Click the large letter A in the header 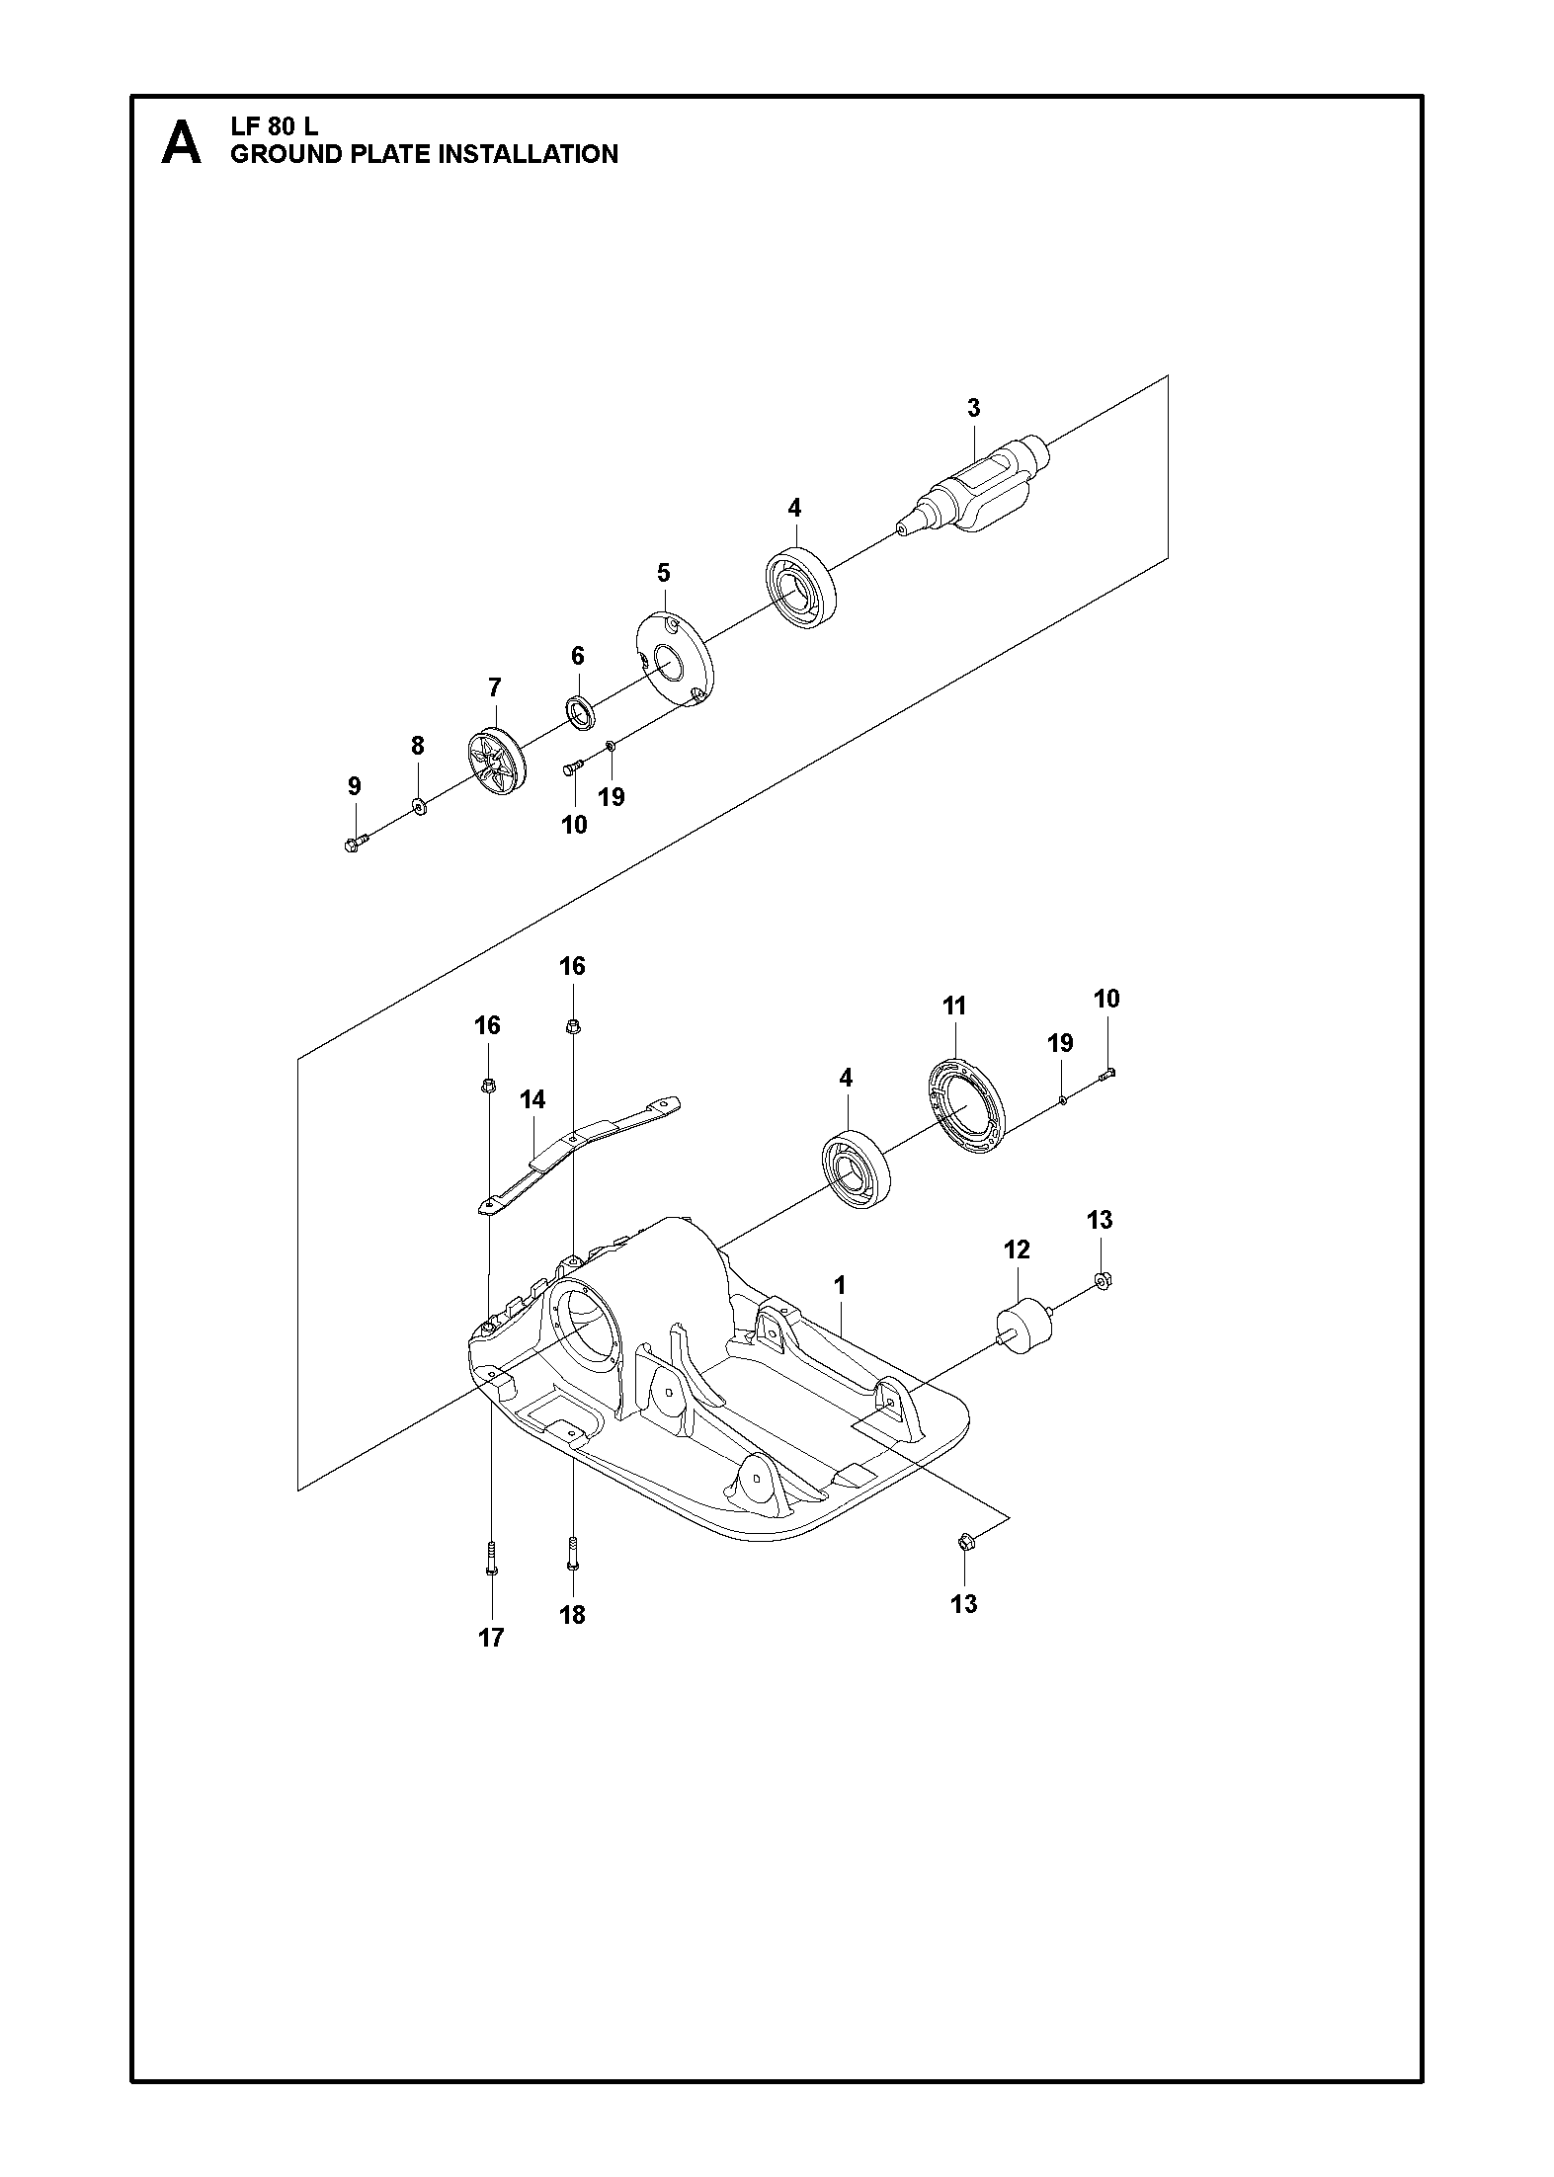point(181,143)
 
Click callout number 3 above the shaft point(973,407)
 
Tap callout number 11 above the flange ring point(954,1007)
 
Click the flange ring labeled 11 point(965,1107)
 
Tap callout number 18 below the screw point(572,1615)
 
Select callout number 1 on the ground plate point(840,1285)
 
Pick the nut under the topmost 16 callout point(573,1027)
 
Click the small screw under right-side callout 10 point(1106,1076)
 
